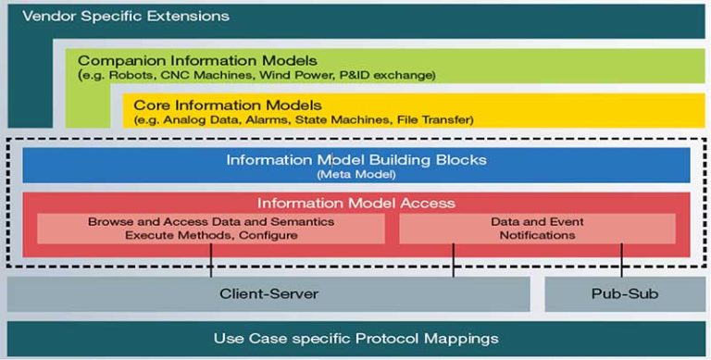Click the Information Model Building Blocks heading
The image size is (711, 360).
click(x=356, y=160)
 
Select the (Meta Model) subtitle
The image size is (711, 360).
click(x=356, y=174)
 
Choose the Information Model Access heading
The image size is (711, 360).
click(x=356, y=204)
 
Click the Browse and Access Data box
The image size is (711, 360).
click(x=211, y=229)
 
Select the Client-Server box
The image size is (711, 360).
click(x=268, y=295)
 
